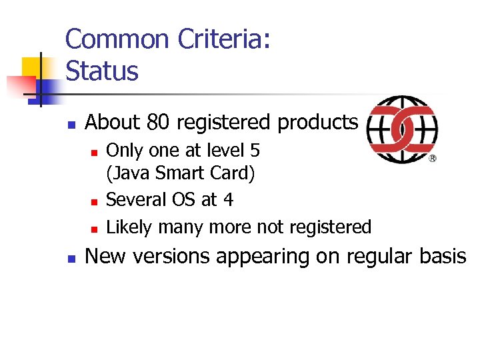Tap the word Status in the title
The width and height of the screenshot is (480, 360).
tap(102, 71)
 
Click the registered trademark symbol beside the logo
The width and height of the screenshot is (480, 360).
tap(433, 159)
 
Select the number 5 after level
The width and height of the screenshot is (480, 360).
tap(255, 151)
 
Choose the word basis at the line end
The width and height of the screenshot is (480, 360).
tap(443, 257)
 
